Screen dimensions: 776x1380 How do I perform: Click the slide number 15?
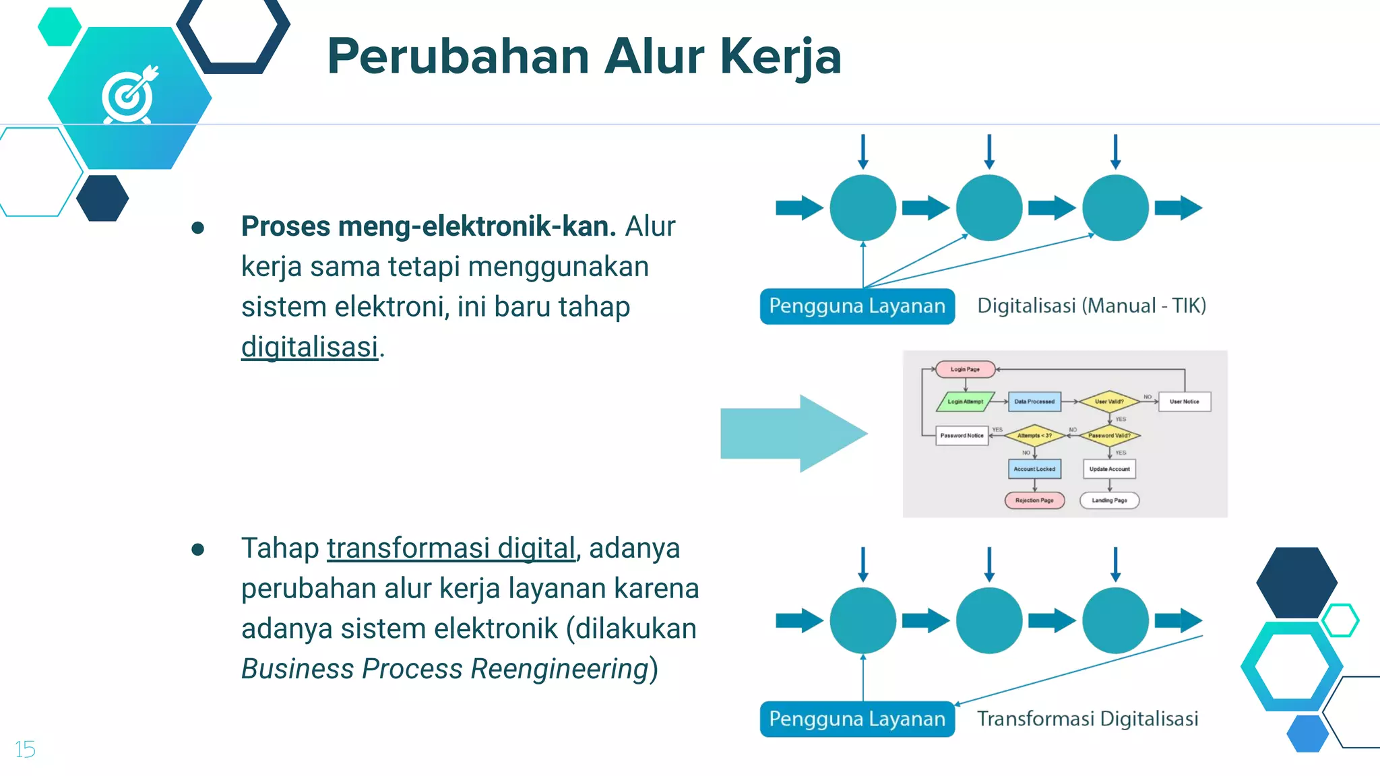coord(25,749)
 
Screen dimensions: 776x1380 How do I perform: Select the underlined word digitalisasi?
coord(310,348)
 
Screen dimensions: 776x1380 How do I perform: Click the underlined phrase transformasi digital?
coord(451,548)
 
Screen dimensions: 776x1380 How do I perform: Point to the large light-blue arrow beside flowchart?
coord(792,434)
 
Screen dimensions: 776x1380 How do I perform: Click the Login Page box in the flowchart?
coord(965,369)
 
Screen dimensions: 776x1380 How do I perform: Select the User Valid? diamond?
coord(1109,401)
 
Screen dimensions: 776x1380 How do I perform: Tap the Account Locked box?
coord(1034,469)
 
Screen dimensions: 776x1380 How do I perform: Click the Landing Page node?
coord(1109,500)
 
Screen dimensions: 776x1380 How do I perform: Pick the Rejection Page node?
coord(1034,500)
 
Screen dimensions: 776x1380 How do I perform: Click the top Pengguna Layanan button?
coord(857,306)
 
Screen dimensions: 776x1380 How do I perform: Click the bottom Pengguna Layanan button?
coord(857,719)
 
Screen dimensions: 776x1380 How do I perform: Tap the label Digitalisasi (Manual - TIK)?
coord(1092,306)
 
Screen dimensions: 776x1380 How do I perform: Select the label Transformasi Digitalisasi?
coord(1088,719)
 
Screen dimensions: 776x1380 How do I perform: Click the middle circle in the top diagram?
coord(989,207)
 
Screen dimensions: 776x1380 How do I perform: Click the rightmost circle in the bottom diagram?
coord(1115,620)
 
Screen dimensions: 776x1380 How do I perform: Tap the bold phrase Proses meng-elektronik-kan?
coord(429,226)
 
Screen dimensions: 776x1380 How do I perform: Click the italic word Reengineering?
coord(559,669)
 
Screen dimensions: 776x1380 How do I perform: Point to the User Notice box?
coord(1184,401)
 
